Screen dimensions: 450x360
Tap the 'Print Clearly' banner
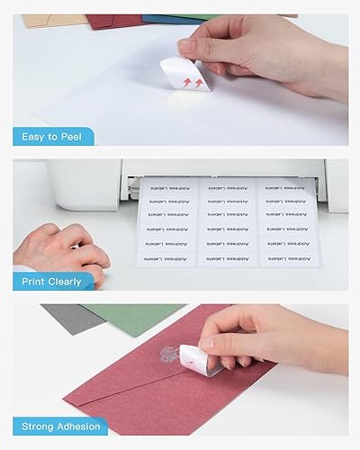click(x=52, y=281)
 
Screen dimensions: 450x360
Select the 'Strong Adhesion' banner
click(x=62, y=426)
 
